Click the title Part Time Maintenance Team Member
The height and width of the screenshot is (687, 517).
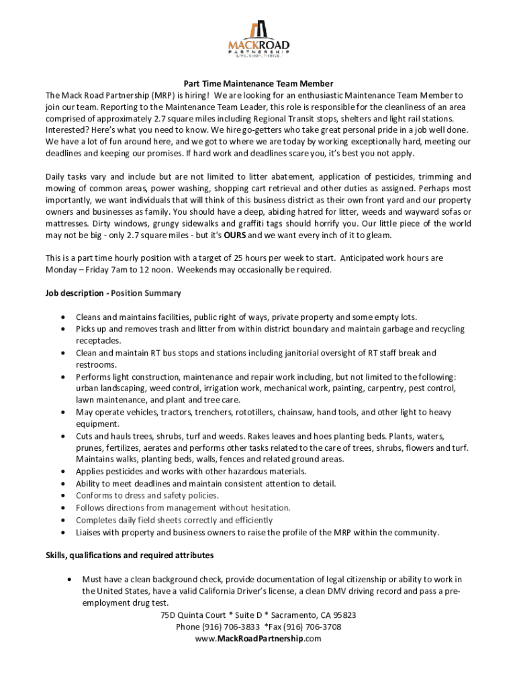(x=258, y=84)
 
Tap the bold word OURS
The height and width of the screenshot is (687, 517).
(x=234, y=236)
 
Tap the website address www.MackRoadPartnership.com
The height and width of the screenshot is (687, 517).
(x=258, y=639)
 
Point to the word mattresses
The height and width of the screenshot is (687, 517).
(x=66, y=224)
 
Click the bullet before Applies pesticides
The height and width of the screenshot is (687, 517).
(x=62, y=472)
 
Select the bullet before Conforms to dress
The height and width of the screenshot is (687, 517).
(x=62, y=496)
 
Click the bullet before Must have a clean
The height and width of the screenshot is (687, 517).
(x=69, y=579)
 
